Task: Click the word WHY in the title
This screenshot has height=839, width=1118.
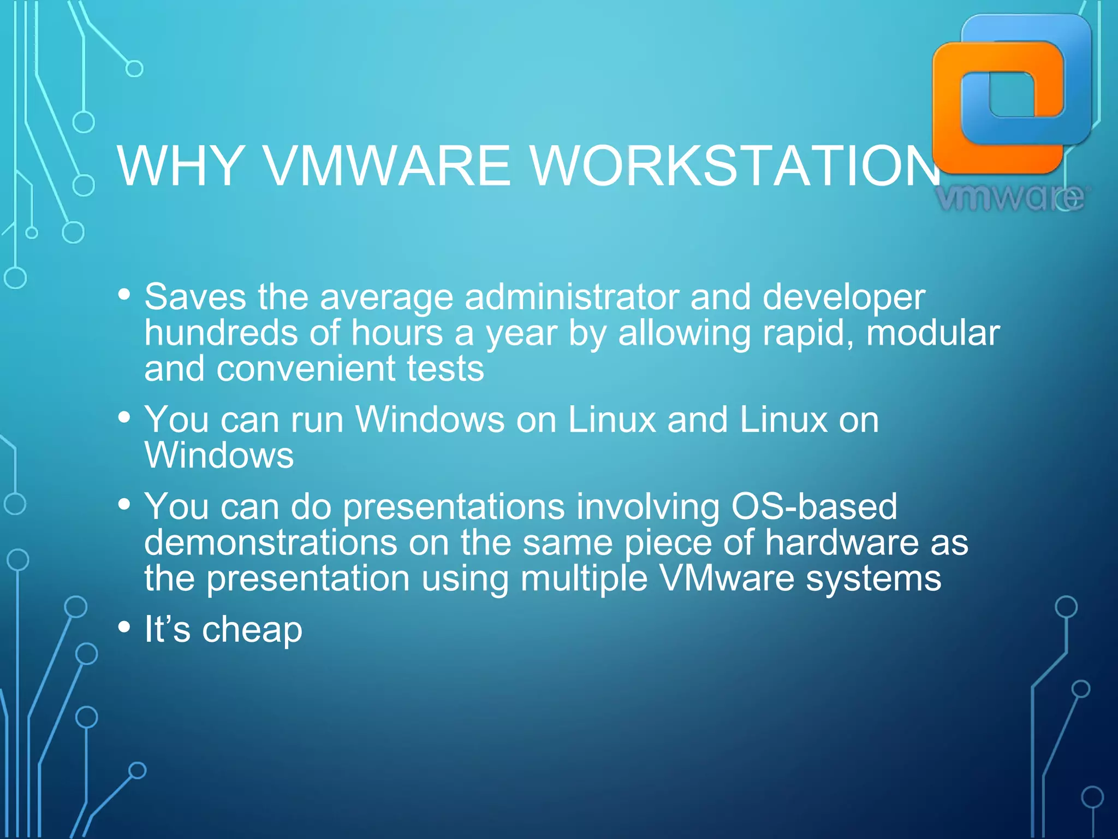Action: click(x=180, y=166)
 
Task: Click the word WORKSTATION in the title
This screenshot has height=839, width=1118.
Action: click(x=734, y=166)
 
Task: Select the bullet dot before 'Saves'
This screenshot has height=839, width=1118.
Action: click(x=124, y=295)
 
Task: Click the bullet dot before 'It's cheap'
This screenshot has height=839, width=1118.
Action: click(x=124, y=627)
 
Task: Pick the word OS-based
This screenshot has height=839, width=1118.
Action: click(x=814, y=507)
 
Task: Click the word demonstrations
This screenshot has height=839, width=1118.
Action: click(x=271, y=543)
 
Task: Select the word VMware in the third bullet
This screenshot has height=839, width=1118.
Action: click(x=727, y=578)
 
